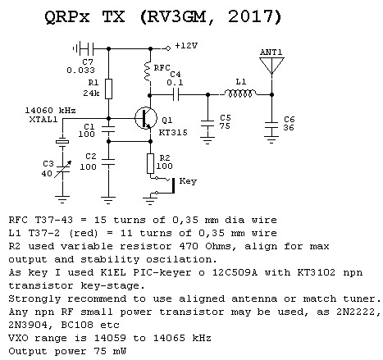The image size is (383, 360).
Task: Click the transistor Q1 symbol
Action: (x=146, y=118)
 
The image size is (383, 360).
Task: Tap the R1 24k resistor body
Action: (x=108, y=89)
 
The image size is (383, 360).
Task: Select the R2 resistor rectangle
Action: (x=150, y=163)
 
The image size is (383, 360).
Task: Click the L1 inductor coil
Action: (x=240, y=93)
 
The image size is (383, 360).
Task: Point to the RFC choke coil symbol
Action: (x=148, y=71)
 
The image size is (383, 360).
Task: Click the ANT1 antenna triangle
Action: (x=271, y=65)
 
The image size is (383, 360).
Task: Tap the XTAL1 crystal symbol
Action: (x=62, y=142)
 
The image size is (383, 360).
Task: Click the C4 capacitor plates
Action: (x=176, y=95)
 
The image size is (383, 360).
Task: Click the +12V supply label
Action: (x=186, y=45)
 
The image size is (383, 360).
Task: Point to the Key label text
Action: (x=188, y=181)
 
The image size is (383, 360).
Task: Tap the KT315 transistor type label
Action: (x=173, y=133)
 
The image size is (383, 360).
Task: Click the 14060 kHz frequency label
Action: (x=50, y=111)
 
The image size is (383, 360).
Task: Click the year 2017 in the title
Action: (x=251, y=17)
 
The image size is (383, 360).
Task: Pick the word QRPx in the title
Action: (x=67, y=17)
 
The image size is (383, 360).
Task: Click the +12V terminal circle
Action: (x=168, y=48)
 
